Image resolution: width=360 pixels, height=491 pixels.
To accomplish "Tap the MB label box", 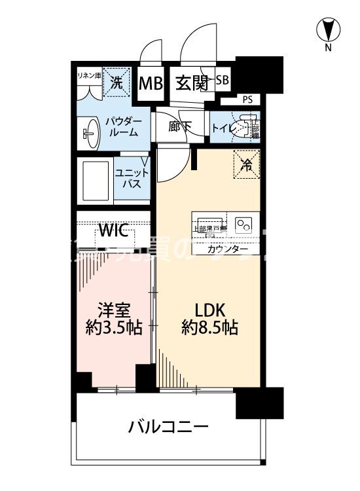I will pyautogui.click(x=152, y=84).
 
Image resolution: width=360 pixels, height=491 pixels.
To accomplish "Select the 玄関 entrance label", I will pyautogui.click(x=191, y=83).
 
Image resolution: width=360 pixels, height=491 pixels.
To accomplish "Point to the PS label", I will pyautogui.click(x=247, y=100).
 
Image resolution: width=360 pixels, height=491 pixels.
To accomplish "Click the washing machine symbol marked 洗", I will pyautogui.click(x=116, y=82).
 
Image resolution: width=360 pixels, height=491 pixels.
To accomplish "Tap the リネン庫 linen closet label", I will pyautogui.click(x=88, y=75).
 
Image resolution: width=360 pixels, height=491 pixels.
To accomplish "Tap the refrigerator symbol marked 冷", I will pyautogui.click(x=246, y=165).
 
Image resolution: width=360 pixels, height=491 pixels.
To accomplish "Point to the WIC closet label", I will pyautogui.click(x=117, y=231).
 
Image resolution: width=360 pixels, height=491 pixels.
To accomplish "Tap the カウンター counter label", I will pyautogui.click(x=228, y=249).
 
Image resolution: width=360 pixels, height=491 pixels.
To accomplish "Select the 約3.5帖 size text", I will pyautogui.click(x=114, y=328).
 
